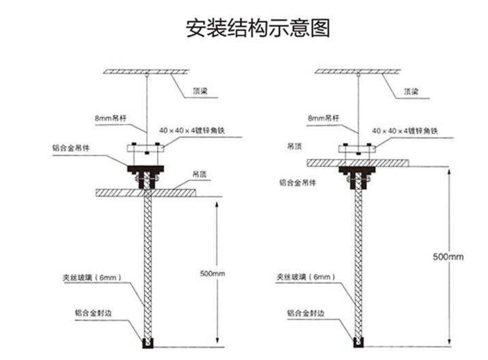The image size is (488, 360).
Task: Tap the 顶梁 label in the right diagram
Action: (411, 92)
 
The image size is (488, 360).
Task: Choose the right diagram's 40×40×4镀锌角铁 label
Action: (405, 131)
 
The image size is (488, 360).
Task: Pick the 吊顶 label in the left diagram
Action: (199, 175)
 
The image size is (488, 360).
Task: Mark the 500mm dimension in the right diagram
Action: (448, 256)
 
